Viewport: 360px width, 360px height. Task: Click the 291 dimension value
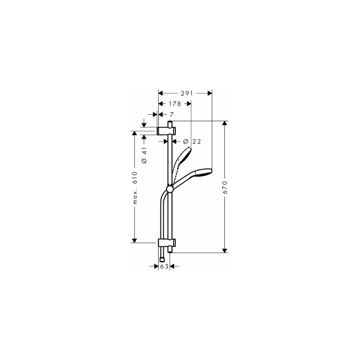click(x=187, y=93)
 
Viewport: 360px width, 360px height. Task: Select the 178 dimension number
click(x=175, y=104)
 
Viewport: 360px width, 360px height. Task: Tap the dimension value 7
click(x=171, y=114)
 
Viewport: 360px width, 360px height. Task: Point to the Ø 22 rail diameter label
click(x=192, y=141)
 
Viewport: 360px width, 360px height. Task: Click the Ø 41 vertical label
click(x=144, y=155)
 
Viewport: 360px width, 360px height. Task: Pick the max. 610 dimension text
click(x=135, y=188)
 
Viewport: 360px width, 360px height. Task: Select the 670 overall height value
click(x=225, y=187)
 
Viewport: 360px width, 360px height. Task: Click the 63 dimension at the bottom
click(x=164, y=266)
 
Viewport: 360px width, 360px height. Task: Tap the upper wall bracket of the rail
click(x=166, y=131)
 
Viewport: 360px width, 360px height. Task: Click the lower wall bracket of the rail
click(x=167, y=243)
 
